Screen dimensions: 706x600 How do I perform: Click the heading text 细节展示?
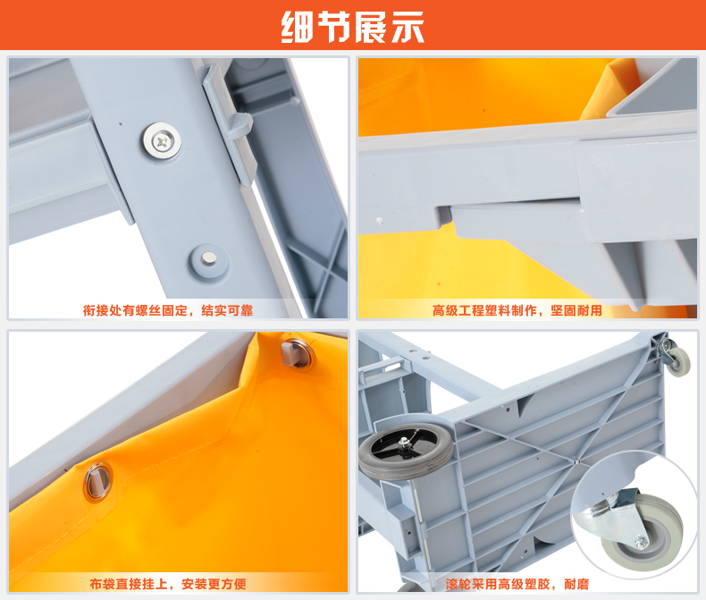(352, 27)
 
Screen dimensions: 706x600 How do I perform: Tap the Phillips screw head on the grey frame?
(162, 141)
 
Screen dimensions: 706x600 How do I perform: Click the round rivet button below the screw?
(208, 261)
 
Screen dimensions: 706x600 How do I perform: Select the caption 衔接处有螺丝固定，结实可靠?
(168, 310)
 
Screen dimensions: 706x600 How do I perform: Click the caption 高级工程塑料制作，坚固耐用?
(517, 310)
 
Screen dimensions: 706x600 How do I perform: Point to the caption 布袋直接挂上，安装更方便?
(168, 584)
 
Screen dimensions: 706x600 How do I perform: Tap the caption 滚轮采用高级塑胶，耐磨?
(517, 584)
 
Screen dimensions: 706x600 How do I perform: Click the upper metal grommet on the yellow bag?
(298, 353)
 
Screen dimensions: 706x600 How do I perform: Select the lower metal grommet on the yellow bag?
(98, 482)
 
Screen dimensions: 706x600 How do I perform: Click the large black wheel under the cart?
(405, 450)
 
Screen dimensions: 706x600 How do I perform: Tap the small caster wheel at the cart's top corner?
(678, 361)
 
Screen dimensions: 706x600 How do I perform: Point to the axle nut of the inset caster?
(641, 542)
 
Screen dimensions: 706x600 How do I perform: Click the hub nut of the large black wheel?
(404, 444)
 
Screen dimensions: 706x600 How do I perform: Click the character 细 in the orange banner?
(298, 27)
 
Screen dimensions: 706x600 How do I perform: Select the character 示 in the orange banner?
(408, 27)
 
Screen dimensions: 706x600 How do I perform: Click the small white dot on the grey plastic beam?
(379, 221)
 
